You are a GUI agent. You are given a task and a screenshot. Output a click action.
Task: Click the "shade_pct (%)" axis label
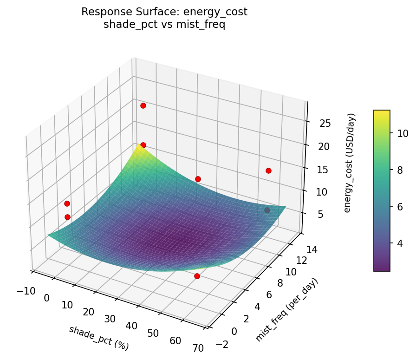[x=99, y=338]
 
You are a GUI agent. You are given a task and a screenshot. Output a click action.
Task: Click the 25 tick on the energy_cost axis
[x=325, y=124]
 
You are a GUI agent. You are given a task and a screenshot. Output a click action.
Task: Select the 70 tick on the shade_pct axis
[x=197, y=348]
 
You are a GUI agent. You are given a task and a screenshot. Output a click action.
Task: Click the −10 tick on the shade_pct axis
[x=17, y=291]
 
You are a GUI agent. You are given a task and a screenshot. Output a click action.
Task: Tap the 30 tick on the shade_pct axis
[x=110, y=319]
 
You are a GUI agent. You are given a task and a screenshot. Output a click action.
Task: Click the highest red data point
[x=143, y=105]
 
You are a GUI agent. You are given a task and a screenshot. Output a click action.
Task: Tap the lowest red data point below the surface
[x=197, y=276]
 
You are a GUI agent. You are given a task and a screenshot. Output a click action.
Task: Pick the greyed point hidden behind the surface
[x=267, y=210]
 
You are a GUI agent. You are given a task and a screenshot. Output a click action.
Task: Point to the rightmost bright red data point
[x=268, y=170]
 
